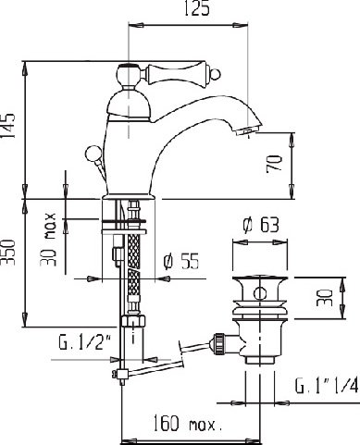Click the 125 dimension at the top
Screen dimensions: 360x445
coord(197,8)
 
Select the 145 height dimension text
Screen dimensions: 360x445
coord(8,126)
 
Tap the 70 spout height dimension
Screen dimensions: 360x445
coord(274,163)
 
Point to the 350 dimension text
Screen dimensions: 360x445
coord(8,252)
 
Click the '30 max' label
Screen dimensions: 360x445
coord(48,240)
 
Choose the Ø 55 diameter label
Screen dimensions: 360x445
coord(181,262)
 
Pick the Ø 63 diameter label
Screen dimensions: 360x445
coord(261,225)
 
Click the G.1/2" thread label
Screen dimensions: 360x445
coord(85,342)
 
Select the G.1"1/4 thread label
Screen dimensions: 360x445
coord(327,385)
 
